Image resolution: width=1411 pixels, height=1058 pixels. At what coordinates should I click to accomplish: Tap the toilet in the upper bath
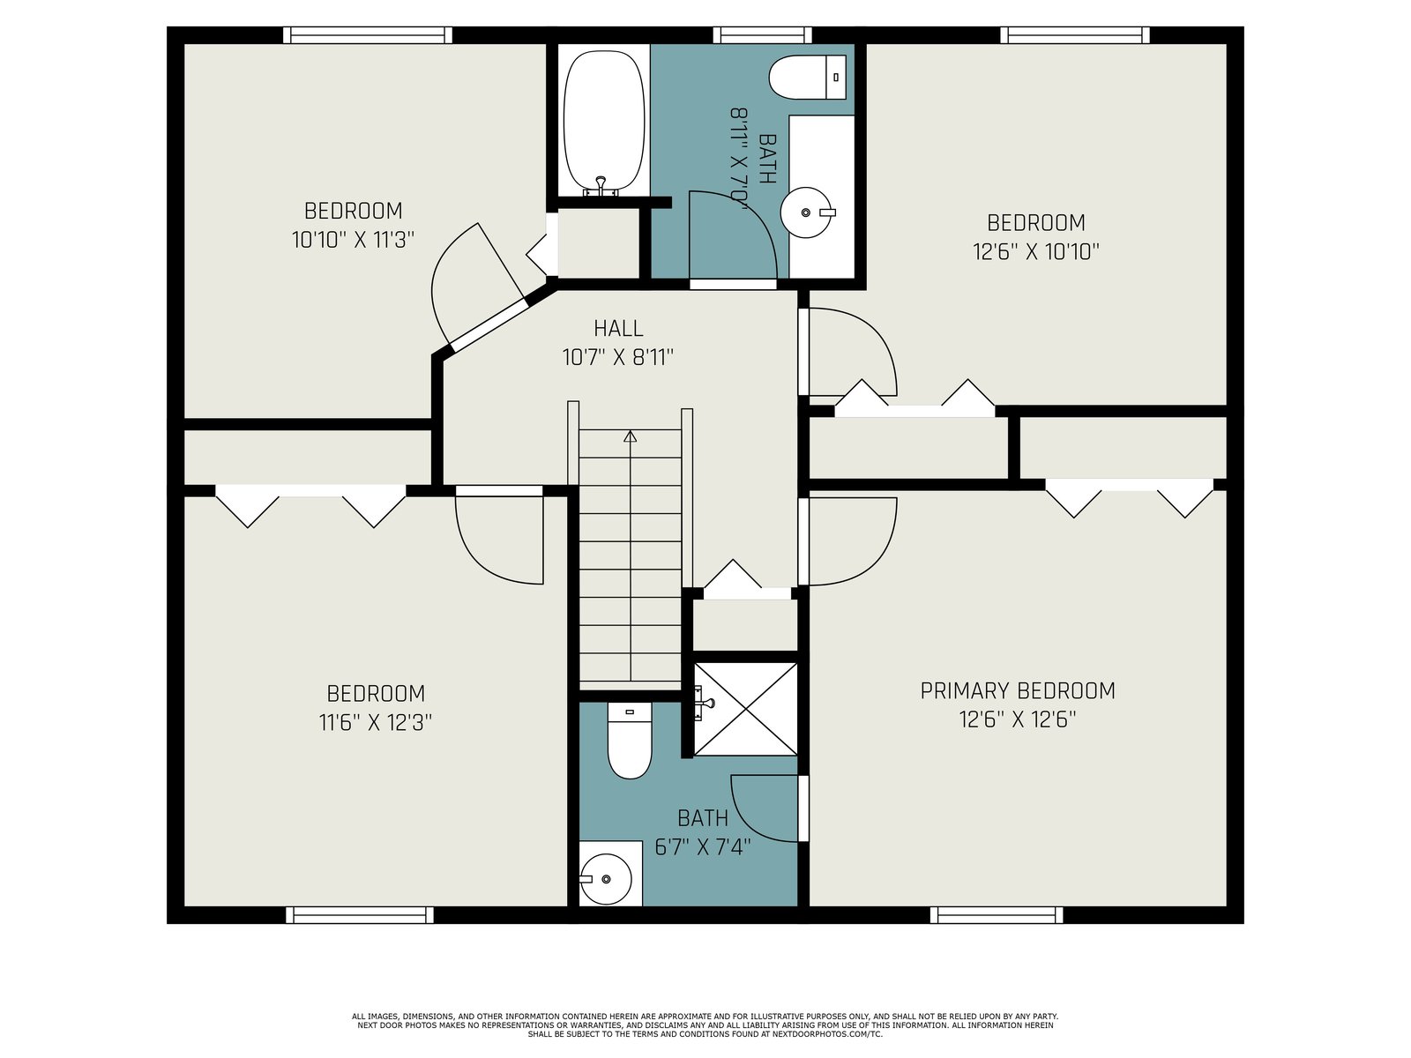808,77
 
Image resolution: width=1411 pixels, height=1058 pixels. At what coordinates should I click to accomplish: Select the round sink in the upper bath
806,212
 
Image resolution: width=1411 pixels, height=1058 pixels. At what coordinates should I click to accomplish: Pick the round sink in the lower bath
605,879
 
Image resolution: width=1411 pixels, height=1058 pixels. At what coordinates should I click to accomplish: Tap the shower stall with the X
746,709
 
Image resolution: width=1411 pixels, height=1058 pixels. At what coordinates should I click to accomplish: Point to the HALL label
618,328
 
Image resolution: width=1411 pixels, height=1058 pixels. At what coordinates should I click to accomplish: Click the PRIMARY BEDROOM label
1018,690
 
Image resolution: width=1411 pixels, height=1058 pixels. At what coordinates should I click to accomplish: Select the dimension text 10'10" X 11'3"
353,240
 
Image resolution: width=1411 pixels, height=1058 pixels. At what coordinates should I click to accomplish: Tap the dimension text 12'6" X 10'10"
1035,251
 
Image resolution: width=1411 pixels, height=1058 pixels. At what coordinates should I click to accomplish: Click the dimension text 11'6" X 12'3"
376,723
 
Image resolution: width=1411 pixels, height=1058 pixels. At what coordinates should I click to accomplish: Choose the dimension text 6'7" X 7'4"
703,846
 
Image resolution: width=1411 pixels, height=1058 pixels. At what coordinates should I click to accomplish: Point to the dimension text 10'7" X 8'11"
618,356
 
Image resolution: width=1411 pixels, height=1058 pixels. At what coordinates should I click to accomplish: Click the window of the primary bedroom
996,915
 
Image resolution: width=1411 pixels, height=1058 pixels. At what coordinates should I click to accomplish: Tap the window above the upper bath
763,34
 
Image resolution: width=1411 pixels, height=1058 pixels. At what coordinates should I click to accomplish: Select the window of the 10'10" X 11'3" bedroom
368,34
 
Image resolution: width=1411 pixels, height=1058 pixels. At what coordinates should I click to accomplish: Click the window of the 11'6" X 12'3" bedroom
359,915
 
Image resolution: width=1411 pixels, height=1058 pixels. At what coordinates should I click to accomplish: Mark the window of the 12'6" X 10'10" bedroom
1074,34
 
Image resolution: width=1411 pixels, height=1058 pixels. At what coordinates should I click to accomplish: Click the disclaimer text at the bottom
705,1025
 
